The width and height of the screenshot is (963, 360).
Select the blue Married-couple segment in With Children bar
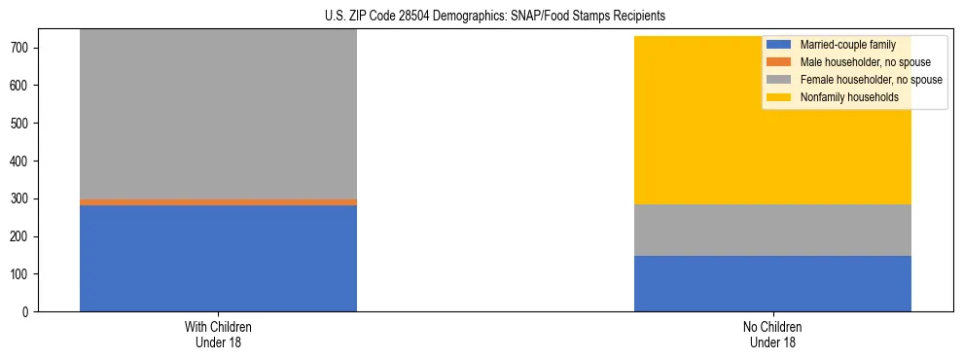218,259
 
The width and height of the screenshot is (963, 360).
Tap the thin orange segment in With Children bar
218,202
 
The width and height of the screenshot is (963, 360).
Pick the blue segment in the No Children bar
772,284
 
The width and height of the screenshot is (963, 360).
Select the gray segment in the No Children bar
772,231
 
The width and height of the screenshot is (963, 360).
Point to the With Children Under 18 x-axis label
218,334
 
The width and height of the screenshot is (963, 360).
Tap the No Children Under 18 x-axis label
772,334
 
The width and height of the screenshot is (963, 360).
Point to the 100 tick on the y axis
21,274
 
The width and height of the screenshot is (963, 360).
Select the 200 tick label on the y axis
21,236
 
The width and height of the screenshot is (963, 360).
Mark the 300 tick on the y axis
21,198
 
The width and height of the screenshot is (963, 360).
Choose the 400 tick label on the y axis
21,162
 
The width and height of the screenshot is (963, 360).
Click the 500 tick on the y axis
21,124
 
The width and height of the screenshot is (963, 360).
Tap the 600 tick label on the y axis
21,86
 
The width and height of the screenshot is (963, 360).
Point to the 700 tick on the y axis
21,48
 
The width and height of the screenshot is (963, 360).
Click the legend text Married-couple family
845,45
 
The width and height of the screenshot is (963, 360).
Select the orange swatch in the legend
779,62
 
